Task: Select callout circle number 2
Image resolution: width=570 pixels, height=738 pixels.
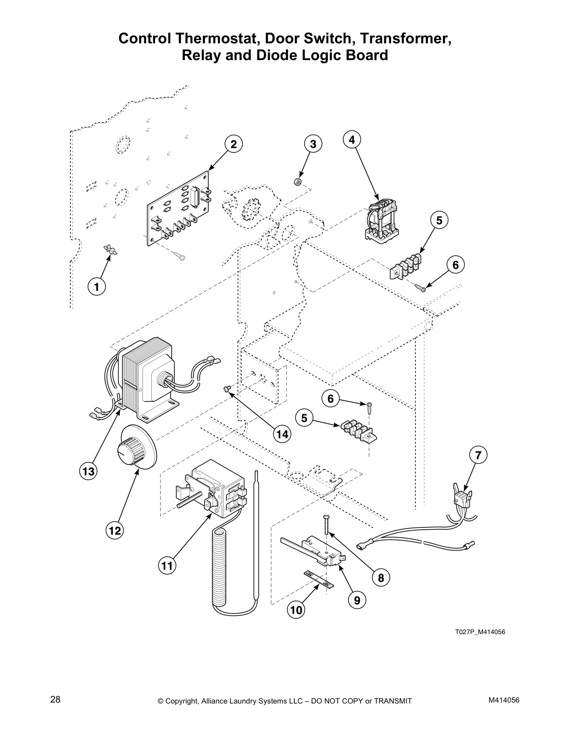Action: pyautogui.click(x=234, y=144)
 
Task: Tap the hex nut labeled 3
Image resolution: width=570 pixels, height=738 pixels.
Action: pyautogui.click(x=296, y=182)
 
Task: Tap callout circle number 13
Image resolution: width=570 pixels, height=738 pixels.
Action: pyautogui.click(x=88, y=471)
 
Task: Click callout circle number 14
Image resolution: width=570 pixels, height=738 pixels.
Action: pyautogui.click(x=282, y=434)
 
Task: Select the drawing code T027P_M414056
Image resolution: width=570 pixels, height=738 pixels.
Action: pyautogui.click(x=480, y=632)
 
